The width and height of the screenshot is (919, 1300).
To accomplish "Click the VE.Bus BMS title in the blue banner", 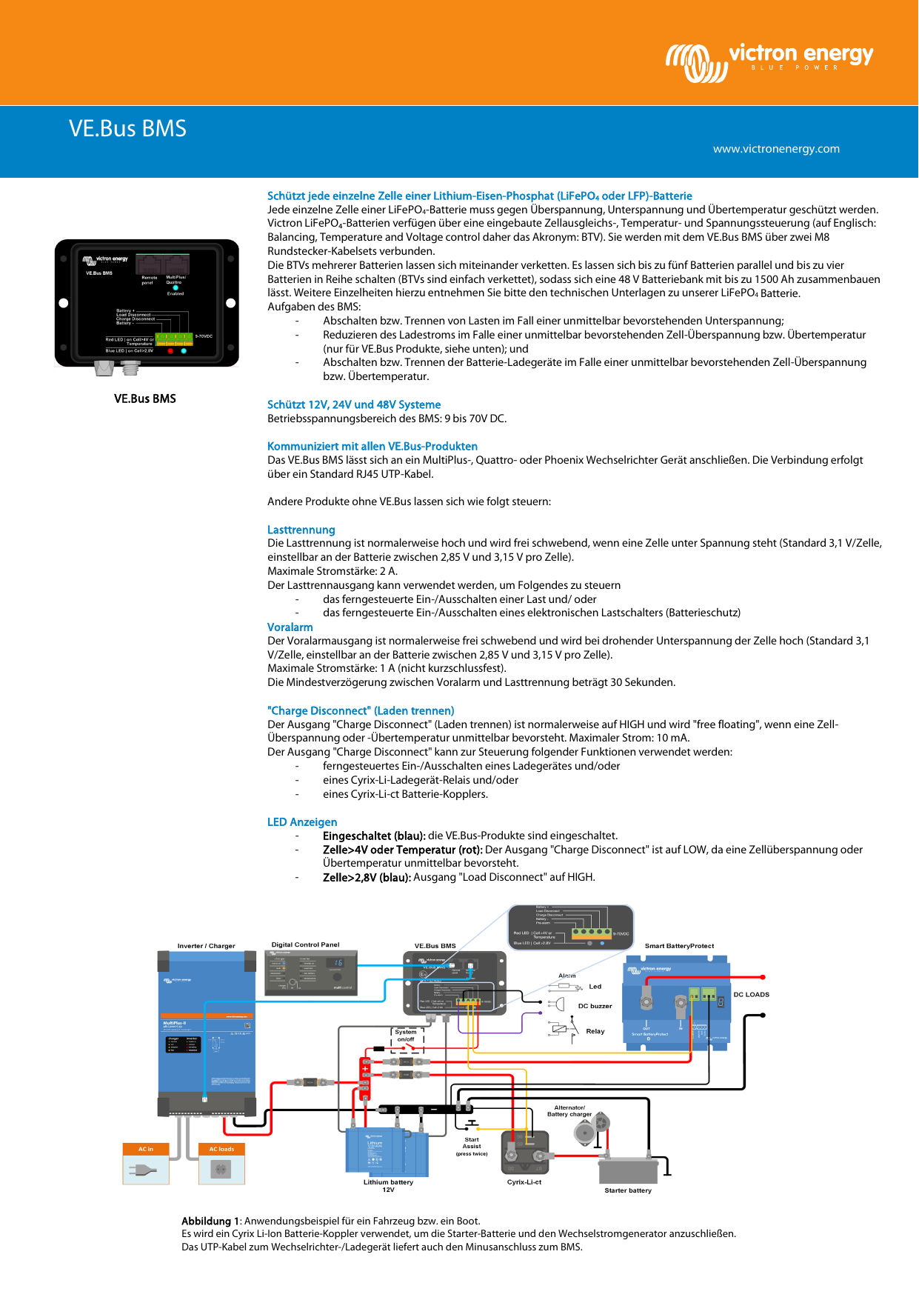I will (127, 129).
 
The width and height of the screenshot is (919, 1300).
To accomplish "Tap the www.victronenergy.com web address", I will (776, 149).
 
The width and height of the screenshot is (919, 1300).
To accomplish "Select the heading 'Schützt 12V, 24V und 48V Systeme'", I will (354, 404).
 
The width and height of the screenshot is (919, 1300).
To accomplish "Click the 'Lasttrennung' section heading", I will (301, 530).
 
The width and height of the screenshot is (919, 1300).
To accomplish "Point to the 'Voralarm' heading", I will (290, 627).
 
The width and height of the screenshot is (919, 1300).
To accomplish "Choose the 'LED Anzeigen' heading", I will (302, 822).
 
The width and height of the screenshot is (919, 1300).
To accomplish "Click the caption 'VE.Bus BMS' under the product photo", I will (145, 399).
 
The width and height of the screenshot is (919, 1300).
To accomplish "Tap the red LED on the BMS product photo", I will (170, 351).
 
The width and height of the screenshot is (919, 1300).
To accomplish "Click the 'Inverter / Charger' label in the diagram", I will (206, 946).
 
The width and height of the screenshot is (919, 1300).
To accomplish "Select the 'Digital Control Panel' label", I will (305, 944).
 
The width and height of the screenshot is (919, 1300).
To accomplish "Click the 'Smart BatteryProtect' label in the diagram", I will (679, 946).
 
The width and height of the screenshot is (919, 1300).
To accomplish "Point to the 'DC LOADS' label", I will (751, 995).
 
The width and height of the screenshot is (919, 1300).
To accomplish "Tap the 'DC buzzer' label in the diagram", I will (595, 1006).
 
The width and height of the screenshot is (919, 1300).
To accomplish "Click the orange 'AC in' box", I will (146, 1149).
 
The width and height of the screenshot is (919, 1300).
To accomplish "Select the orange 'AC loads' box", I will (221, 1149).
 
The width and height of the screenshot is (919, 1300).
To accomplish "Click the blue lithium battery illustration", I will (387, 1151).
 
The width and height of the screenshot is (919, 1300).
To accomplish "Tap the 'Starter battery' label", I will (628, 1190).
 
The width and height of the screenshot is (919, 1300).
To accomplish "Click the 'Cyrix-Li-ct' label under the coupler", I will (524, 1182).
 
